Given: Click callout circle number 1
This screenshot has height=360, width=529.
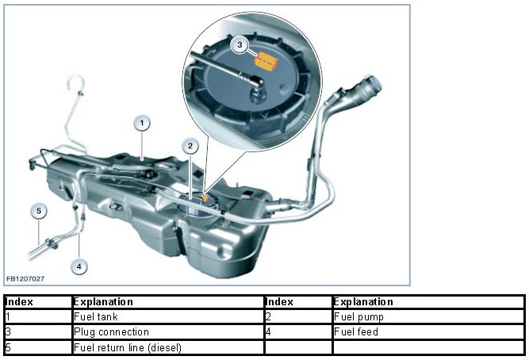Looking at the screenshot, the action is [141, 123].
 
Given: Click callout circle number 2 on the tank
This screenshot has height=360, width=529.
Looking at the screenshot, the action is [190, 145].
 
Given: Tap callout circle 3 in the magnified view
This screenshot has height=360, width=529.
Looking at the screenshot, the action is [241, 46].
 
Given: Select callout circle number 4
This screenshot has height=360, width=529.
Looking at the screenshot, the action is [79, 266].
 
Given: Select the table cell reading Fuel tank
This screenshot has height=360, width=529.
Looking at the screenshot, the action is [167, 316].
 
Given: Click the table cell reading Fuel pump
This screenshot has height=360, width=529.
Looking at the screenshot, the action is [427, 316].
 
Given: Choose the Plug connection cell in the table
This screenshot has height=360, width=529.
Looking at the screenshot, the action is [167, 331].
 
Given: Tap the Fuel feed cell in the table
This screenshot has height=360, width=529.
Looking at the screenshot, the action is [427, 331].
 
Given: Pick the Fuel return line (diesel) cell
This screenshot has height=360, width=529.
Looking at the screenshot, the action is [167, 347].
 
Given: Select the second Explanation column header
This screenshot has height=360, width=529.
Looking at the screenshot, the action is [427, 302].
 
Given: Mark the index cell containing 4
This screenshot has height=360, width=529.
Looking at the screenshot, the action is [297, 331].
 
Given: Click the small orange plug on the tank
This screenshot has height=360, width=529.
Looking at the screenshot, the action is [205, 195].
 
